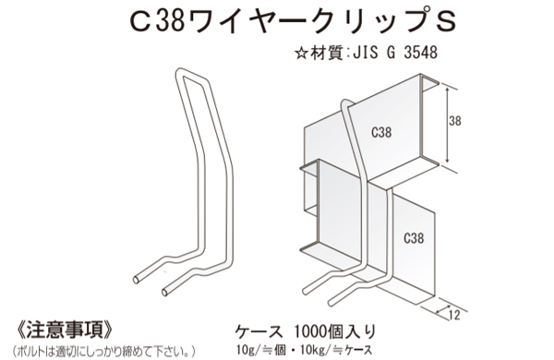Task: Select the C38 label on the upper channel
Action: pos(379,132)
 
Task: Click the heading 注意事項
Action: pos(66,330)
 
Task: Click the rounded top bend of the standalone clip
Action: pos(183,75)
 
